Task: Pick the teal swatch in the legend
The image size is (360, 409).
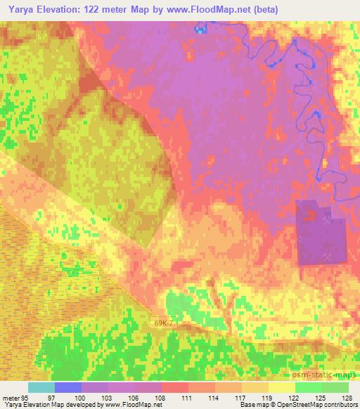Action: click(41, 387)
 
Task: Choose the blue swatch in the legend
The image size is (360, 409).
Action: click(68, 387)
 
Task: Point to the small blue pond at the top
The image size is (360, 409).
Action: click(202, 30)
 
